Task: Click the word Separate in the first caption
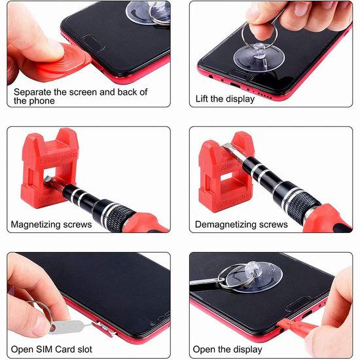[x=33, y=92]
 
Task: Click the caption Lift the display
[x=225, y=99]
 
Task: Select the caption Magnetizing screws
[x=51, y=225]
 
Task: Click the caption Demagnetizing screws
[x=242, y=225]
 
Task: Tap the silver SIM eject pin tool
[x=69, y=326]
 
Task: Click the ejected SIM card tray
[x=103, y=329]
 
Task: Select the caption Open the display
[x=227, y=350]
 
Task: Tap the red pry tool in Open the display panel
[x=296, y=324]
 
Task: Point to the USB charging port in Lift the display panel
[x=235, y=85]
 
